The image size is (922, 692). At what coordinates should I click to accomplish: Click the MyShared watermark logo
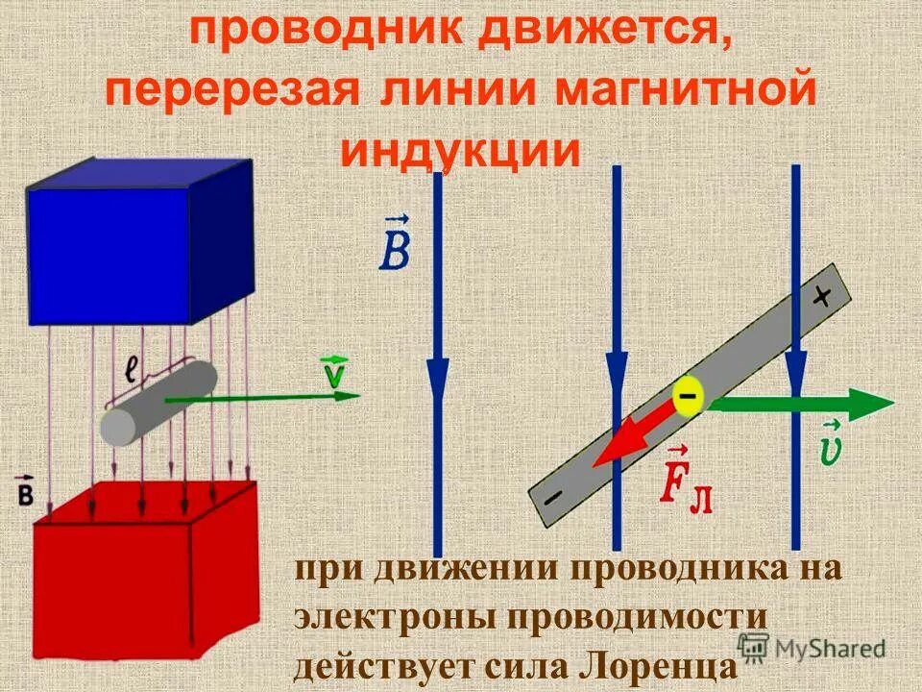[x=812, y=647]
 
